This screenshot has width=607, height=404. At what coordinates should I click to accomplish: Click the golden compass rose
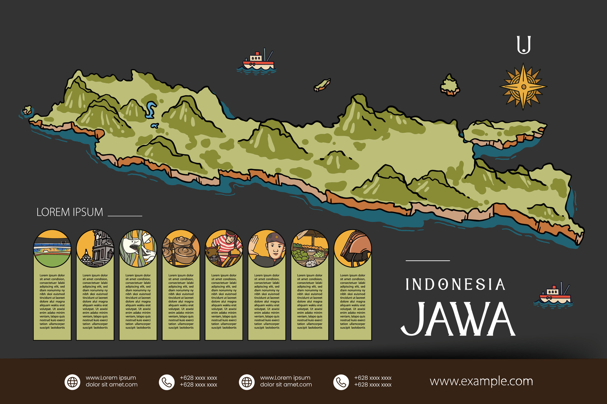click(523, 87)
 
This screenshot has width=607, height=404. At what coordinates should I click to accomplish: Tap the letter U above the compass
click(524, 45)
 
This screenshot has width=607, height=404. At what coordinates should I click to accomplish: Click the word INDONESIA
click(455, 284)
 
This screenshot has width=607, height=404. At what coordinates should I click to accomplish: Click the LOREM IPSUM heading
click(70, 212)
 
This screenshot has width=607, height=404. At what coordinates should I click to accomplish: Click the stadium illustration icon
click(52, 249)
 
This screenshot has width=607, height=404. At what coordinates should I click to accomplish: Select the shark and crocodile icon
click(138, 249)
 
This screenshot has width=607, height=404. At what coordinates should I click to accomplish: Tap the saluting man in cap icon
click(267, 249)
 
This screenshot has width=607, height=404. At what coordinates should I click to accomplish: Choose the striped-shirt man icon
click(224, 249)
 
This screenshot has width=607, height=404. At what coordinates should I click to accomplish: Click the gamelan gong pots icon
click(181, 249)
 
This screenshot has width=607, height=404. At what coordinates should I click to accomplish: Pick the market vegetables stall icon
click(310, 249)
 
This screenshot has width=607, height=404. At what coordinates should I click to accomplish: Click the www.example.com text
click(481, 381)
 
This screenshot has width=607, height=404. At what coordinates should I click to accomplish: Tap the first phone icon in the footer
click(167, 382)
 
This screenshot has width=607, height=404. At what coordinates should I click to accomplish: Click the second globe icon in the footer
click(247, 382)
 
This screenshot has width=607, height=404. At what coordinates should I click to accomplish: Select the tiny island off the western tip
click(28, 110)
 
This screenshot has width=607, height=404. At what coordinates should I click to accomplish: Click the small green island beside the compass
click(450, 85)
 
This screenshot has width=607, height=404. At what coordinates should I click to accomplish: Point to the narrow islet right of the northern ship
click(322, 85)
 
